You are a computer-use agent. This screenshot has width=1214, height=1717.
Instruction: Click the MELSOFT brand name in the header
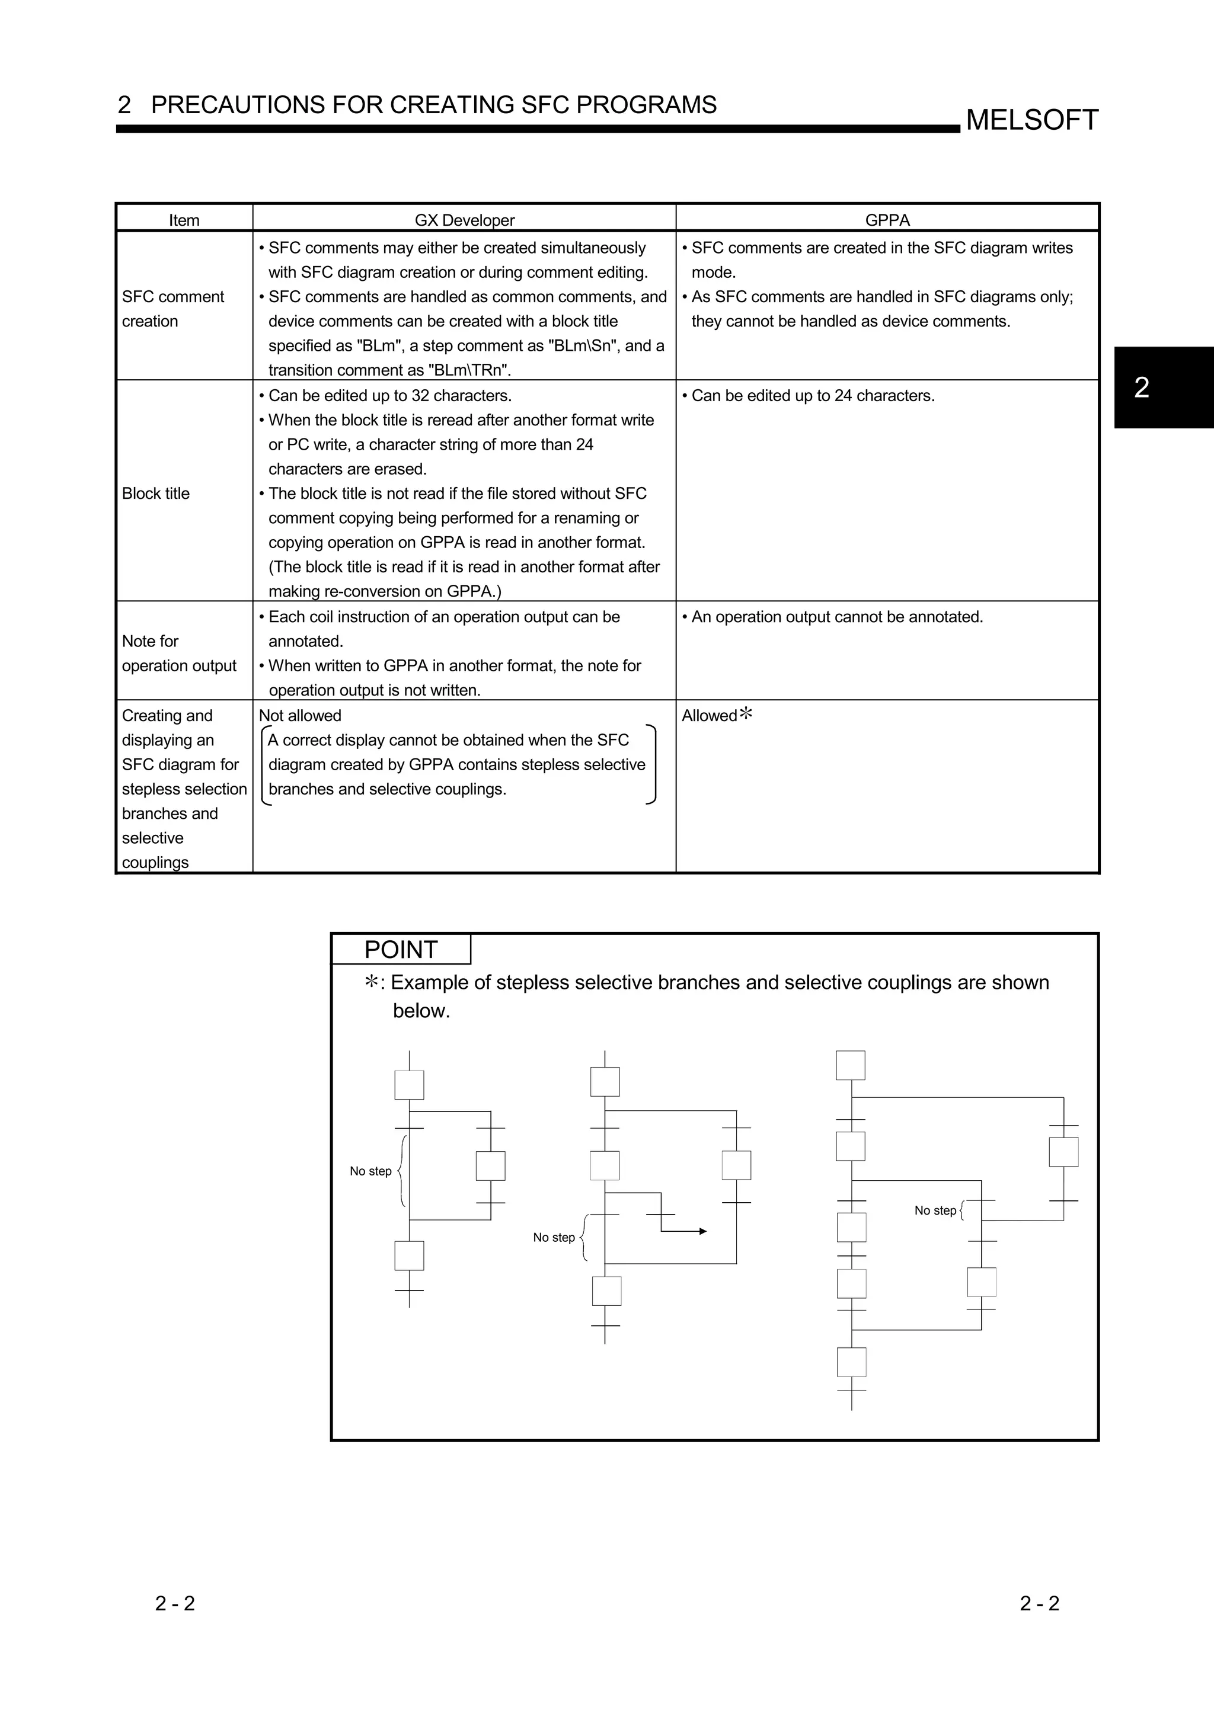(x=1031, y=120)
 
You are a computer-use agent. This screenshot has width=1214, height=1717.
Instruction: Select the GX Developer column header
(x=465, y=220)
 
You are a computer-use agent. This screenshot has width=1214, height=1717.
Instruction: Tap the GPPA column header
(x=887, y=220)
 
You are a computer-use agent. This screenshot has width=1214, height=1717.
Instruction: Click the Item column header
(x=184, y=220)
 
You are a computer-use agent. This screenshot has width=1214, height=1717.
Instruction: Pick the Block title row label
(x=155, y=494)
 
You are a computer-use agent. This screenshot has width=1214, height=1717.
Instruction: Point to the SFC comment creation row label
(x=172, y=309)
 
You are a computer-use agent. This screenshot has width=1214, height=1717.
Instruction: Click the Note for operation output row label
(x=179, y=654)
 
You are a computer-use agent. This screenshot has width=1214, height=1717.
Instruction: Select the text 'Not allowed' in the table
(x=300, y=716)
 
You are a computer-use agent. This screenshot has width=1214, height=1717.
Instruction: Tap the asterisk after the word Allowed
(x=746, y=713)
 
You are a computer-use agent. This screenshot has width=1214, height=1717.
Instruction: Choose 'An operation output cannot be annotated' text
(x=836, y=617)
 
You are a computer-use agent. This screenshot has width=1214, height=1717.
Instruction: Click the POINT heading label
(x=400, y=950)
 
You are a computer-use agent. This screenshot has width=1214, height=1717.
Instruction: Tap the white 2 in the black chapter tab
(x=1142, y=387)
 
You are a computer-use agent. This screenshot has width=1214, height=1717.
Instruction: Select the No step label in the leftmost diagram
(x=370, y=1171)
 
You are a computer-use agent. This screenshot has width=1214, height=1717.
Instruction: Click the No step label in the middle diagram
(x=554, y=1238)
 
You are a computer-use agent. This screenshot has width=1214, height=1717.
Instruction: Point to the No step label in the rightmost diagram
(x=935, y=1210)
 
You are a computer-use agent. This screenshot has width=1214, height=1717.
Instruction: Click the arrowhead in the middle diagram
(x=702, y=1231)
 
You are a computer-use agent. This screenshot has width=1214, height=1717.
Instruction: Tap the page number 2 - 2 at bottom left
(x=175, y=1603)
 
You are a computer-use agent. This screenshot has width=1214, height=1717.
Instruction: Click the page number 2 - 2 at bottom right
(x=1039, y=1603)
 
